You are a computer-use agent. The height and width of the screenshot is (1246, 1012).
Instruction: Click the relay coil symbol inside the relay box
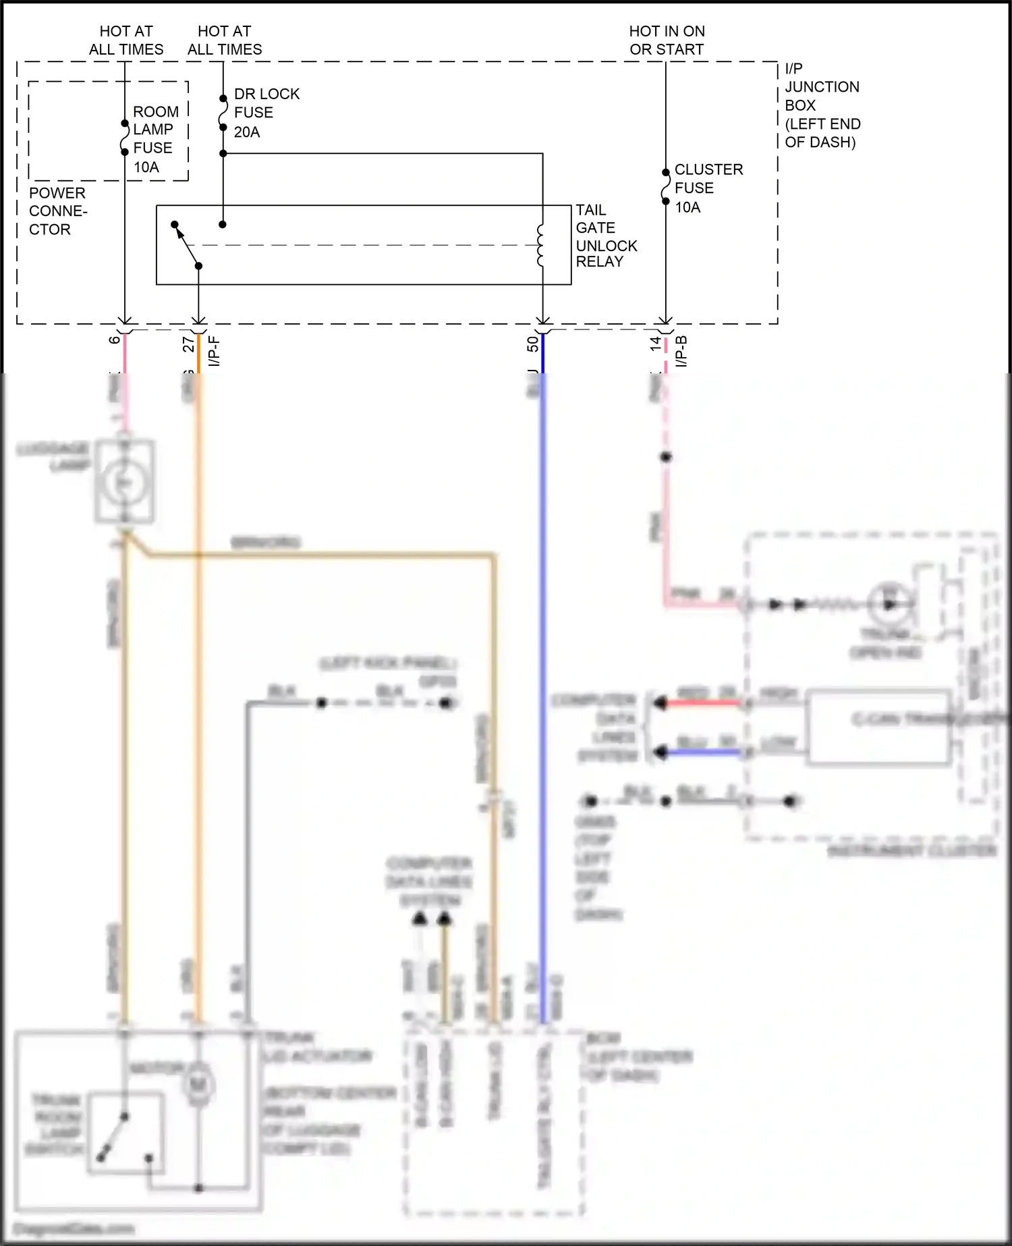click(540, 246)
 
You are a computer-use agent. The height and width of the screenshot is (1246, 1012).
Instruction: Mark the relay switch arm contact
click(186, 244)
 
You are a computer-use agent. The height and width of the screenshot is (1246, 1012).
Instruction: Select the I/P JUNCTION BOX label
click(821, 105)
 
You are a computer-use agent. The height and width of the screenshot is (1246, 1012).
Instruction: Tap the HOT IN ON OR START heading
click(666, 40)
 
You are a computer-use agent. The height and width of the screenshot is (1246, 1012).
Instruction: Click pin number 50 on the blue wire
click(532, 344)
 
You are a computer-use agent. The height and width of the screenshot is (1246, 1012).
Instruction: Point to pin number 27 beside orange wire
click(188, 344)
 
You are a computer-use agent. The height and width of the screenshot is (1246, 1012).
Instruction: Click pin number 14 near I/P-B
click(655, 343)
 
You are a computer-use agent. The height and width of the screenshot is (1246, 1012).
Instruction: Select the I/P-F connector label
click(214, 351)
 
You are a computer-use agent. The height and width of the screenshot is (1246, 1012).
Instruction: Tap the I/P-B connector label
click(681, 351)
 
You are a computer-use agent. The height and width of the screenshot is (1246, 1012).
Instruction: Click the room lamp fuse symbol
click(125, 138)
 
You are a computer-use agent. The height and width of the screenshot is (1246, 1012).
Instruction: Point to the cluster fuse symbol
click(665, 187)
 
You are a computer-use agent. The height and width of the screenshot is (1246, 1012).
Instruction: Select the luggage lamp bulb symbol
click(124, 482)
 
